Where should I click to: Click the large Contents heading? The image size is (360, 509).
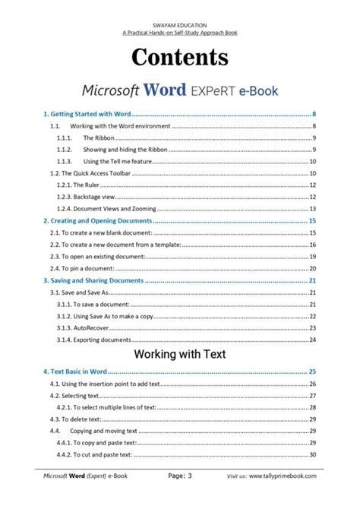tap(180, 57)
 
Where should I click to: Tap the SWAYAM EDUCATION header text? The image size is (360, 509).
tap(180, 25)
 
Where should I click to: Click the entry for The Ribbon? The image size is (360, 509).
tap(99, 138)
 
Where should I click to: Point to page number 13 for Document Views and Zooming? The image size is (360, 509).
tap(312, 209)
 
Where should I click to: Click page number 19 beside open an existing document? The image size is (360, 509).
tap(312, 257)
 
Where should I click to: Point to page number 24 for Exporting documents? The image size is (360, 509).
tap(312, 340)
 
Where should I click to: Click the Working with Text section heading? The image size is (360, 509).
tap(180, 354)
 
